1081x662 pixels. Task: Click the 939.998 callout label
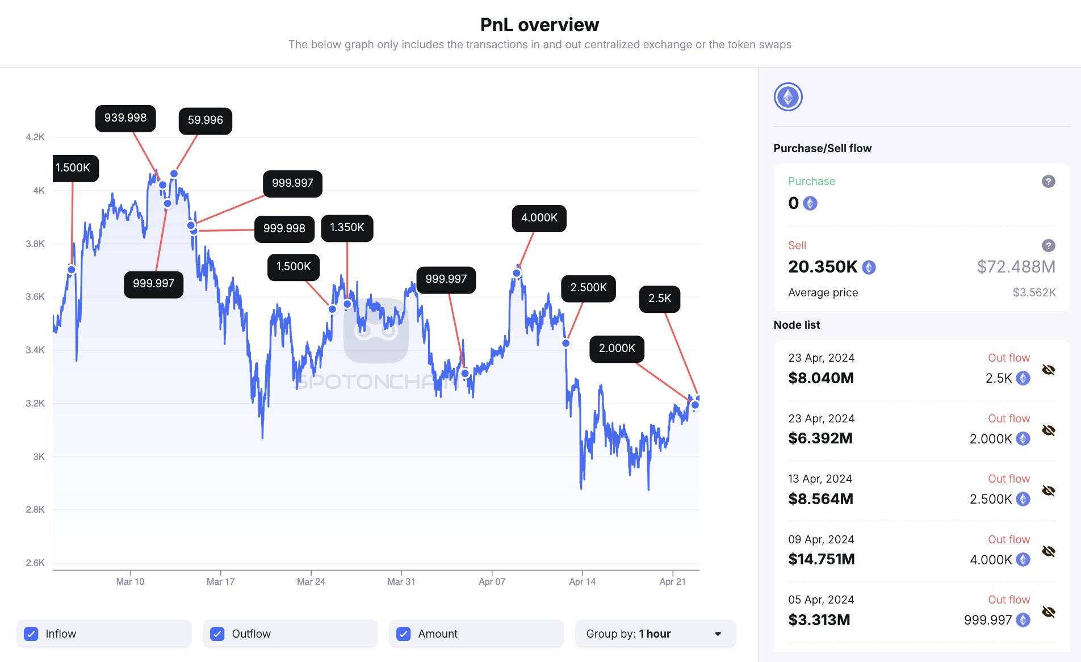(x=125, y=118)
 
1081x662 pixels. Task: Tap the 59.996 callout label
(x=205, y=120)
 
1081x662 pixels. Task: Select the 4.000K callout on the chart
(x=539, y=218)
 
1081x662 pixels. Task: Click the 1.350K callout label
(x=347, y=228)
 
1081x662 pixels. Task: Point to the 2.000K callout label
(x=617, y=348)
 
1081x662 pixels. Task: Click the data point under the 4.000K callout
(x=517, y=273)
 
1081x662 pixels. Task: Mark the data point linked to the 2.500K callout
(x=565, y=343)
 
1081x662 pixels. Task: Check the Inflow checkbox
(x=31, y=634)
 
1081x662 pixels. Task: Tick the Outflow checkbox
(x=217, y=634)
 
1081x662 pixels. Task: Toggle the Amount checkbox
(x=404, y=634)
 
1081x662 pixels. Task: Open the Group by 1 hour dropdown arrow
(x=718, y=634)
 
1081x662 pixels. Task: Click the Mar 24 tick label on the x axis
(x=311, y=581)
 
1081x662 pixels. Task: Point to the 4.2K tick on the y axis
(x=35, y=137)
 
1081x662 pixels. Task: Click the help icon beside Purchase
(x=1048, y=181)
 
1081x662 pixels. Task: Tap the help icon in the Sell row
(x=1048, y=245)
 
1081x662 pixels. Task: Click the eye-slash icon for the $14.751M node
(x=1048, y=551)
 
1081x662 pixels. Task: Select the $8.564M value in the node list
(x=820, y=498)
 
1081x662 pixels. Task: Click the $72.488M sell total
(x=1016, y=266)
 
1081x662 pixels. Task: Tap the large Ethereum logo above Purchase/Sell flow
(x=788, y=97)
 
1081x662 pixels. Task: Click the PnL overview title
(x=539, y=25)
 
